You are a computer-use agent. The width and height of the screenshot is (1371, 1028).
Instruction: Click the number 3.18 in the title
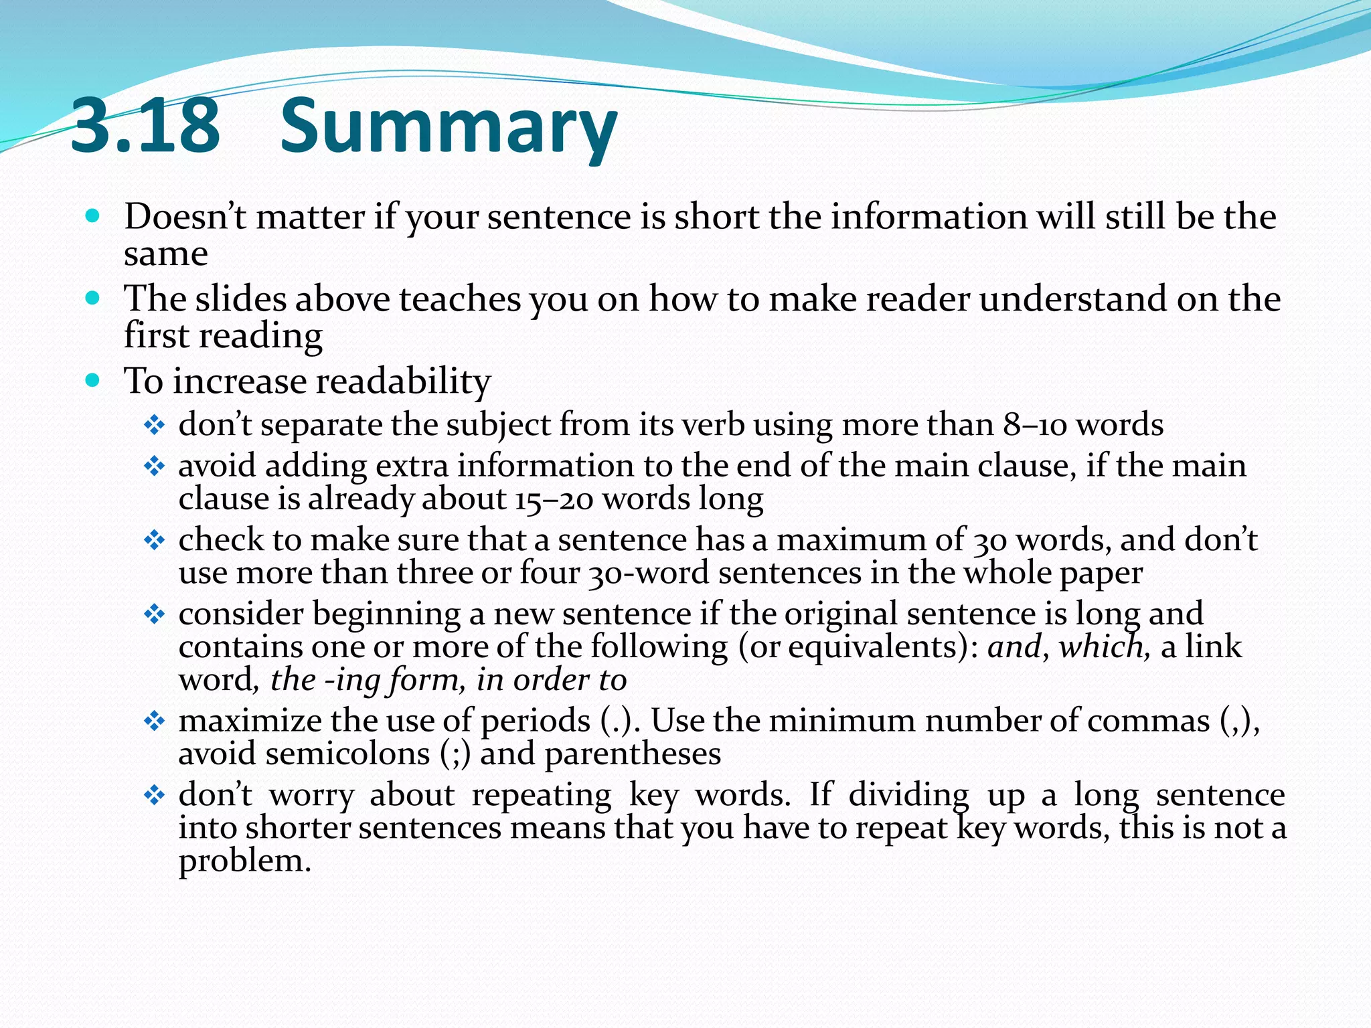coord(145,125)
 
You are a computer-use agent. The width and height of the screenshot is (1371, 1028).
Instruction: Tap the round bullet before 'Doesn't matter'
coord(93,216)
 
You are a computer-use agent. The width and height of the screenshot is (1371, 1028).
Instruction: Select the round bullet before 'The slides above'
coord(93,298)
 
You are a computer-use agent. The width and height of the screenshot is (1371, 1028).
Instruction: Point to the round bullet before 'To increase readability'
coord(93,381)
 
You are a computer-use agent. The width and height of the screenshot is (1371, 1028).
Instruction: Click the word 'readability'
coord(403,381)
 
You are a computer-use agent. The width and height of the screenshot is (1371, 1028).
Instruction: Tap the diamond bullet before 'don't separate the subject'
coord(155,425)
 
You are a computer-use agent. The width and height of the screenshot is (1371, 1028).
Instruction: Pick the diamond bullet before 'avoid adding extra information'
coord(155,466)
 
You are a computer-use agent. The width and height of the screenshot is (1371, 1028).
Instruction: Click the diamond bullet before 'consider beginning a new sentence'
coord(155,614)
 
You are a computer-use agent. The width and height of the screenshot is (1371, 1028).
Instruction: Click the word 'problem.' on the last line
coord(245,861)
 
